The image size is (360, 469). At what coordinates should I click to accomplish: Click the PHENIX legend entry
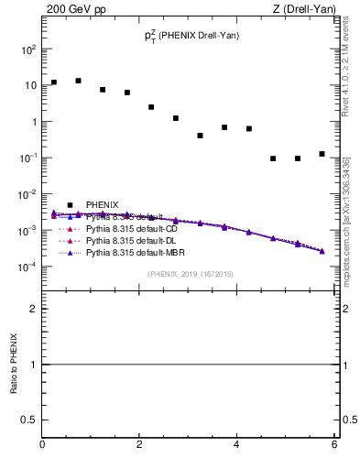point(101,204)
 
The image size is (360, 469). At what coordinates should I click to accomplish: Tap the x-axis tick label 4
point(237,445)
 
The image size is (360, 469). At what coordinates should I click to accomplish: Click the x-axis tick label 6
point(334,445)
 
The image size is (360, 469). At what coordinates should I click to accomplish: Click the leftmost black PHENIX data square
point(54,82)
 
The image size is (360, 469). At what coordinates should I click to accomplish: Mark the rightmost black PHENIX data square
point(322,154)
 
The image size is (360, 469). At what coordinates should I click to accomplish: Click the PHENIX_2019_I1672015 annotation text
point(190,274)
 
